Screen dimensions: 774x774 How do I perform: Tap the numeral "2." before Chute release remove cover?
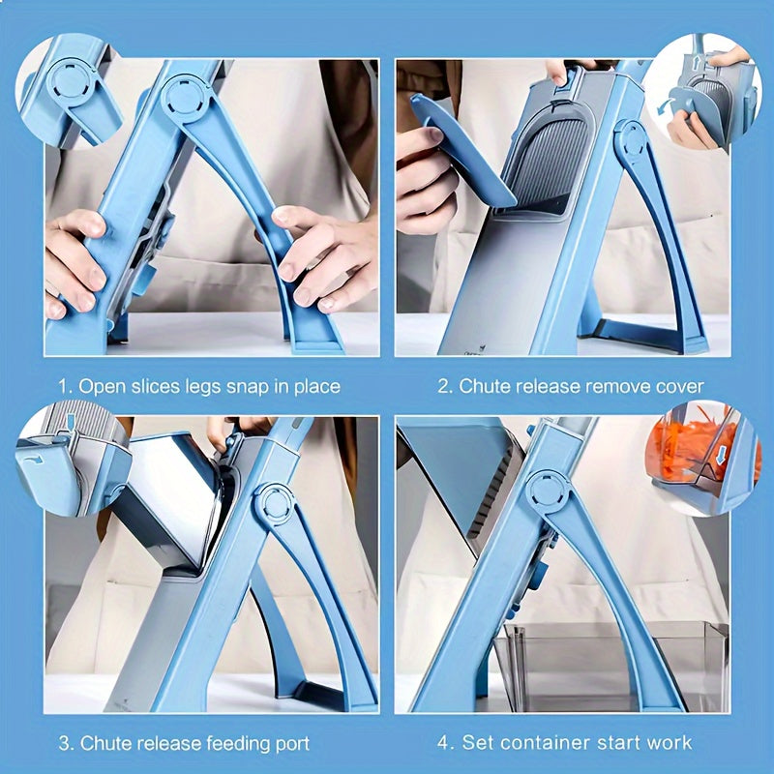(444, 386)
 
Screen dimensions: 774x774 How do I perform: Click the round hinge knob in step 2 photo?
(633, 141)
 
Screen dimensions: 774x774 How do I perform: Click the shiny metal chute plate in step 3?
(174, 503)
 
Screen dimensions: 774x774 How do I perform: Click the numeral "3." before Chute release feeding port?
(65, 743)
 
